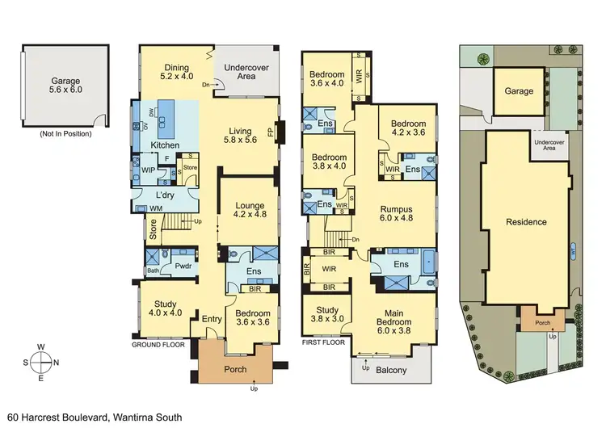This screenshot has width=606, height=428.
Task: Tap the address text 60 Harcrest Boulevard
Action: pos(94,417)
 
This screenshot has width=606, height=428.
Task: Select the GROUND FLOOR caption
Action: pos(158,344)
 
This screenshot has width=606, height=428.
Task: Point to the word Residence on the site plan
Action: pos(526,222)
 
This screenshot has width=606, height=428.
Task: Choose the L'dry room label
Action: pos(166,195)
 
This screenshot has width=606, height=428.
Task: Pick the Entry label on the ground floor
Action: pos(212,319)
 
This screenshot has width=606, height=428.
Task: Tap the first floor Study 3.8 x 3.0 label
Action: pos(326,313)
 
